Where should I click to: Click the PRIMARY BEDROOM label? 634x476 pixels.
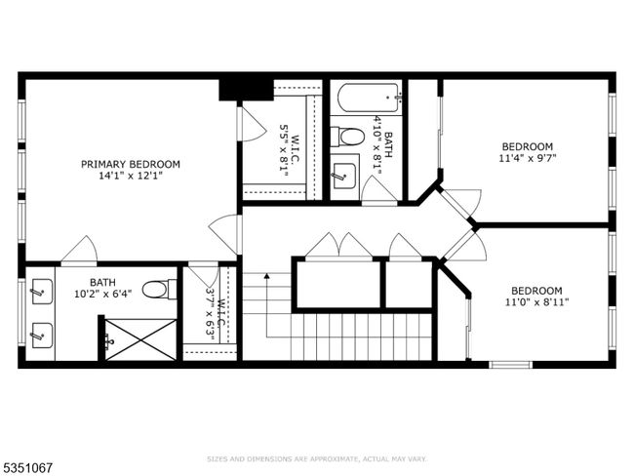click(x=131, y=164)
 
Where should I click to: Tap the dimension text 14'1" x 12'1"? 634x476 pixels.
click(x=131, y=176)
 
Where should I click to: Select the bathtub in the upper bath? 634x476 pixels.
click(x=370, y=98)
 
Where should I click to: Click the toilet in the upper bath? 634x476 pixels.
click(x=347, y=138)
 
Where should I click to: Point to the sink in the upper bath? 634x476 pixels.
click(x=344, y=177)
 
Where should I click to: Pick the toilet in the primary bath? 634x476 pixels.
click(x=160, y=290)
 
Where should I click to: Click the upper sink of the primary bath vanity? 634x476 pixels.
click(x=42, y=292)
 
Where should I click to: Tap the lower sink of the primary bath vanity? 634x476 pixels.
click(x=42, y=336)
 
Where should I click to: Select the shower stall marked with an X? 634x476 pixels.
click(x=140, y=338)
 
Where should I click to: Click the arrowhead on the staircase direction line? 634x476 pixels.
click(x=267, y=276)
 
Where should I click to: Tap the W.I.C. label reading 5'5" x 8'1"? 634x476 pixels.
click(x=290, y=150)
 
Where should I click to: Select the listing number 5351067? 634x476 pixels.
click(x=27, y=468)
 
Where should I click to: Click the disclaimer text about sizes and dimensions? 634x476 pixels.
click(x=317, y=459)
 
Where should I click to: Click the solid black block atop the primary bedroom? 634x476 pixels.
click(x=246, y=90)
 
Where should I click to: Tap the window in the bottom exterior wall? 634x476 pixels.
click(x=510, y=365)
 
